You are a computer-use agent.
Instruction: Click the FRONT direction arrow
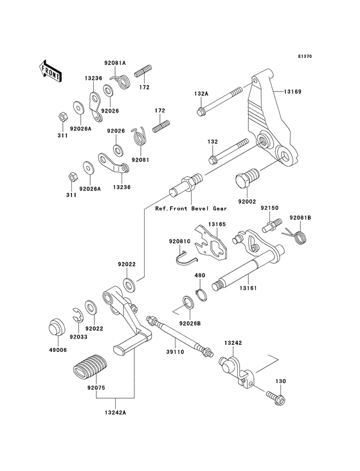click(x=50, y=69)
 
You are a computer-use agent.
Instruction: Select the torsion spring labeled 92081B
click(x=298, y=237)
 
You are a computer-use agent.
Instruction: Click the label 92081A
click(x=116, y=63)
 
